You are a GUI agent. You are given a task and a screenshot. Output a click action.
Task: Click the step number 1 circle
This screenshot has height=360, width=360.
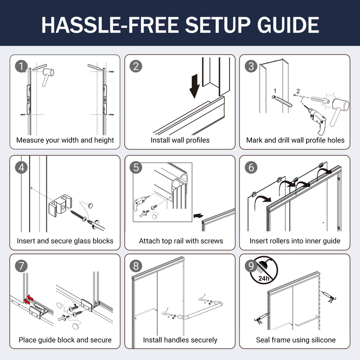[21, 66]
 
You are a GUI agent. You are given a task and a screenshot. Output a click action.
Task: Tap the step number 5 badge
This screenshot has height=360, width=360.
[136, 167]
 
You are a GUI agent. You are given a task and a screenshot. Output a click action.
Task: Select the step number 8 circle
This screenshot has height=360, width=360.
[136, 266]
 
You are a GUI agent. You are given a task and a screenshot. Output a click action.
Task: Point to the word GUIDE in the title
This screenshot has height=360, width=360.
[288, 25]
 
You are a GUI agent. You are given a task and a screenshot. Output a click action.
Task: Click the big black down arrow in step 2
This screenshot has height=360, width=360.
[195, 86]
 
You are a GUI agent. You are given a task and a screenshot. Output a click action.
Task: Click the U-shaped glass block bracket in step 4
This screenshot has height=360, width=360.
[60, 206]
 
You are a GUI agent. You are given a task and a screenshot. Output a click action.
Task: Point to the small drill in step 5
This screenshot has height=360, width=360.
[140, 203]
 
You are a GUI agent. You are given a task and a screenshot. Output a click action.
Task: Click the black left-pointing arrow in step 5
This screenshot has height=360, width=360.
[198, 216]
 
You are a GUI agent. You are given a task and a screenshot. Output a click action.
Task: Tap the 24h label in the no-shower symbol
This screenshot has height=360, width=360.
[264, 279]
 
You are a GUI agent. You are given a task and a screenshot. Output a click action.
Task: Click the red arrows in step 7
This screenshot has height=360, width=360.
[29, 300]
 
